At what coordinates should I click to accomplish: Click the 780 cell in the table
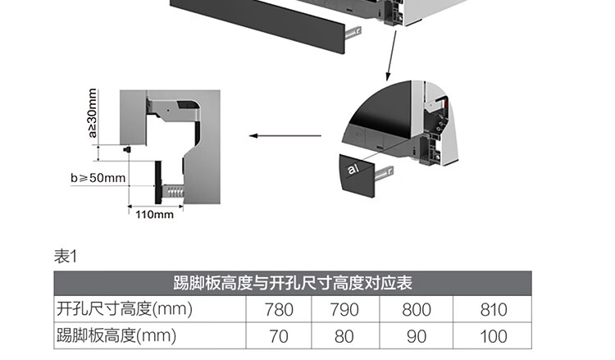(x=279, y=310)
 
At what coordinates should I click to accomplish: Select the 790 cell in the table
(x=344, y=310)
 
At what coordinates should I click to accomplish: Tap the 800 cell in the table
(x=417, y=310)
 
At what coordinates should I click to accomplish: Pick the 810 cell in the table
(x=492, y=310)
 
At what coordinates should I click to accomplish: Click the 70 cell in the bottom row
(x=279, y=336)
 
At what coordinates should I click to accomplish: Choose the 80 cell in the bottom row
(x=344, y=336)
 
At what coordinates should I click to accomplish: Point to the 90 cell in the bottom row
(x=417, y=336)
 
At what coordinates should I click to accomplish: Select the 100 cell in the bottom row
(x=492, y=336)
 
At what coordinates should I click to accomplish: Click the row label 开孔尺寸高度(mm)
(x=123, y=310)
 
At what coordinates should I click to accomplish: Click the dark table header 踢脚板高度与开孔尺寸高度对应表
(x=293, y=284)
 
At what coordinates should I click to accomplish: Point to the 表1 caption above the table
(x=65, y=257)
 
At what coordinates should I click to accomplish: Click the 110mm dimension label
(x=154, y=215)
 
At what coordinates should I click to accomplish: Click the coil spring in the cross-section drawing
(x=173, y=190)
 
